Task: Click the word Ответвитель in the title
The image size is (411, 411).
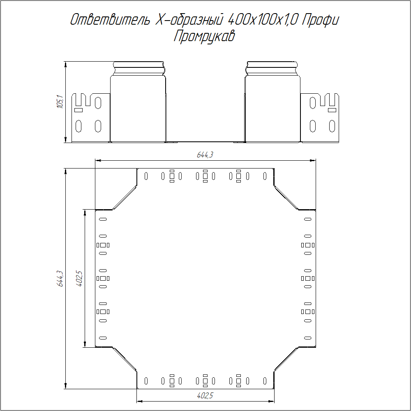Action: pyautogui.click(x=110, y=20)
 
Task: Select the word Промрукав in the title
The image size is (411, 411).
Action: pyautogui.click(x=204, y=36)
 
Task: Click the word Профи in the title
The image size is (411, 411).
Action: pyautogui.click(x=320, y=20)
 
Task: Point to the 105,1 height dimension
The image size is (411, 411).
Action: pyautogui.click(x=60, y=102)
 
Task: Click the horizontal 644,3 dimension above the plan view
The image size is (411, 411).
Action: pyautogui.click(x=205, y=155)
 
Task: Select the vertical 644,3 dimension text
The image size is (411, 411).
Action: pyautogui.click(x=60, y=279)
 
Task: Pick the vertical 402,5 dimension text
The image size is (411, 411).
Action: pyautogui.click(x=79, y=278)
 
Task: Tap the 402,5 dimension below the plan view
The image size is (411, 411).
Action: pyautogui.click(x=205, y=395)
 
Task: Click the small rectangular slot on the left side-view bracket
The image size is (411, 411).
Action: pyautogui.click(x=79, y=110)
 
